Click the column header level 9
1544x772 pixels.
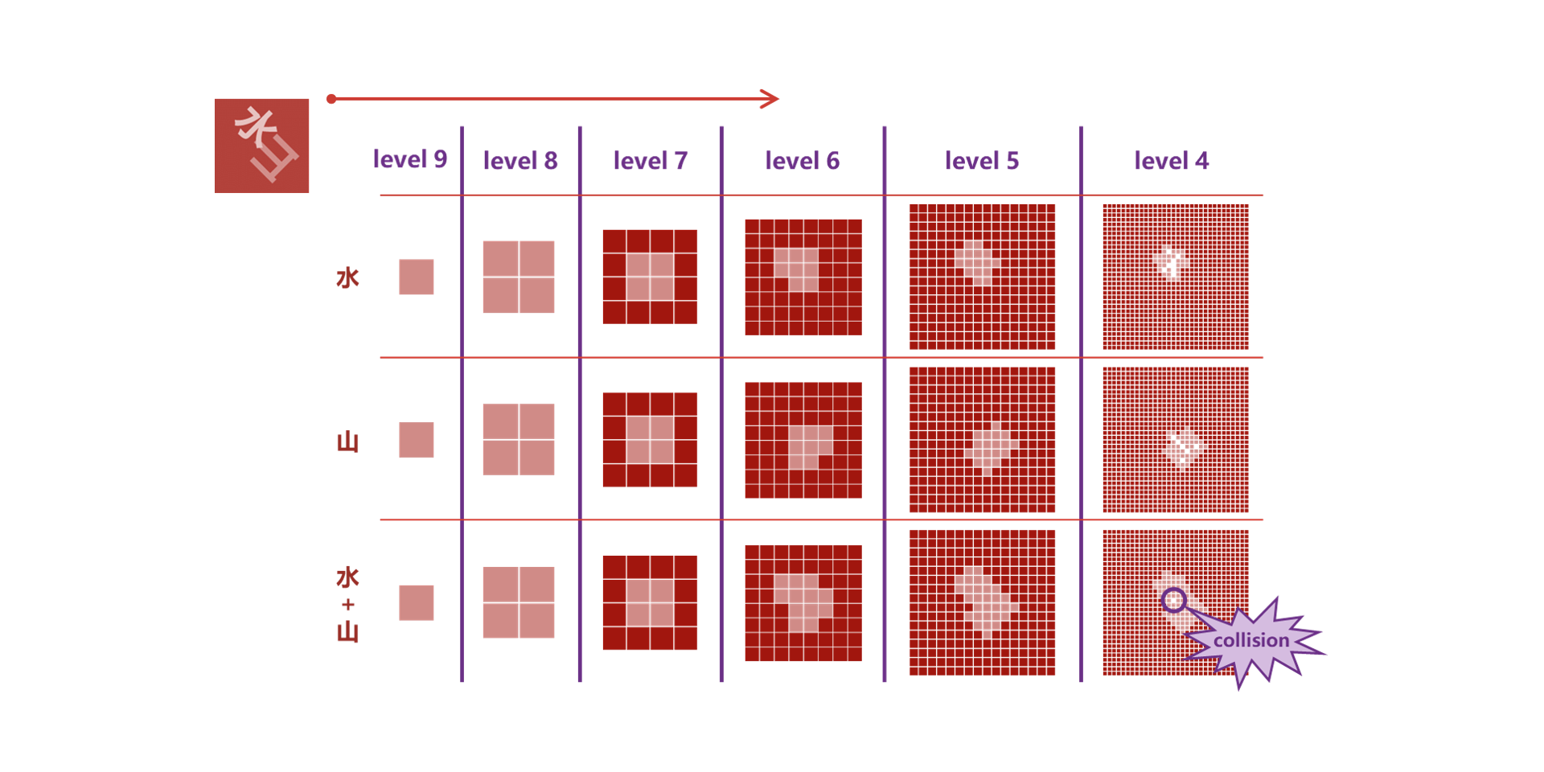point(409,159)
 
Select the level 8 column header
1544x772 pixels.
point(520,161)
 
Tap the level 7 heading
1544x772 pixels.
point(651,161)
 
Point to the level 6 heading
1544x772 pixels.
point(803,161)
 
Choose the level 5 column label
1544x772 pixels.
point(982,161)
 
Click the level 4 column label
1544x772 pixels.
point(1172,161)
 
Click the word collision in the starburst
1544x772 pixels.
point(1251,640)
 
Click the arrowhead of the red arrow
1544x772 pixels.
point(770,99)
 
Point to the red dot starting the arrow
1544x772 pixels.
point(331,99)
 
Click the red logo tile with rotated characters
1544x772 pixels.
point(261,146)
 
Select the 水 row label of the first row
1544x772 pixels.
point(347,278)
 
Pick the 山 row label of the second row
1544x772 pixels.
point(347,441)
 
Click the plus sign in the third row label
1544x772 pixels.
point(347,605)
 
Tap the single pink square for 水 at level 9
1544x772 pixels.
point(417,277)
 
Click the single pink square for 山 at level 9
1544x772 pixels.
point(417,440)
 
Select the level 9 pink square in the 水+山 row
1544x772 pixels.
point(417,602)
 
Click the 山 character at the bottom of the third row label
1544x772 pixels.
point(347,631)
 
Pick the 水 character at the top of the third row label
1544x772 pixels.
point(347,577)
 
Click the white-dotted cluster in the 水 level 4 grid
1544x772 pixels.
point(1170,262)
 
